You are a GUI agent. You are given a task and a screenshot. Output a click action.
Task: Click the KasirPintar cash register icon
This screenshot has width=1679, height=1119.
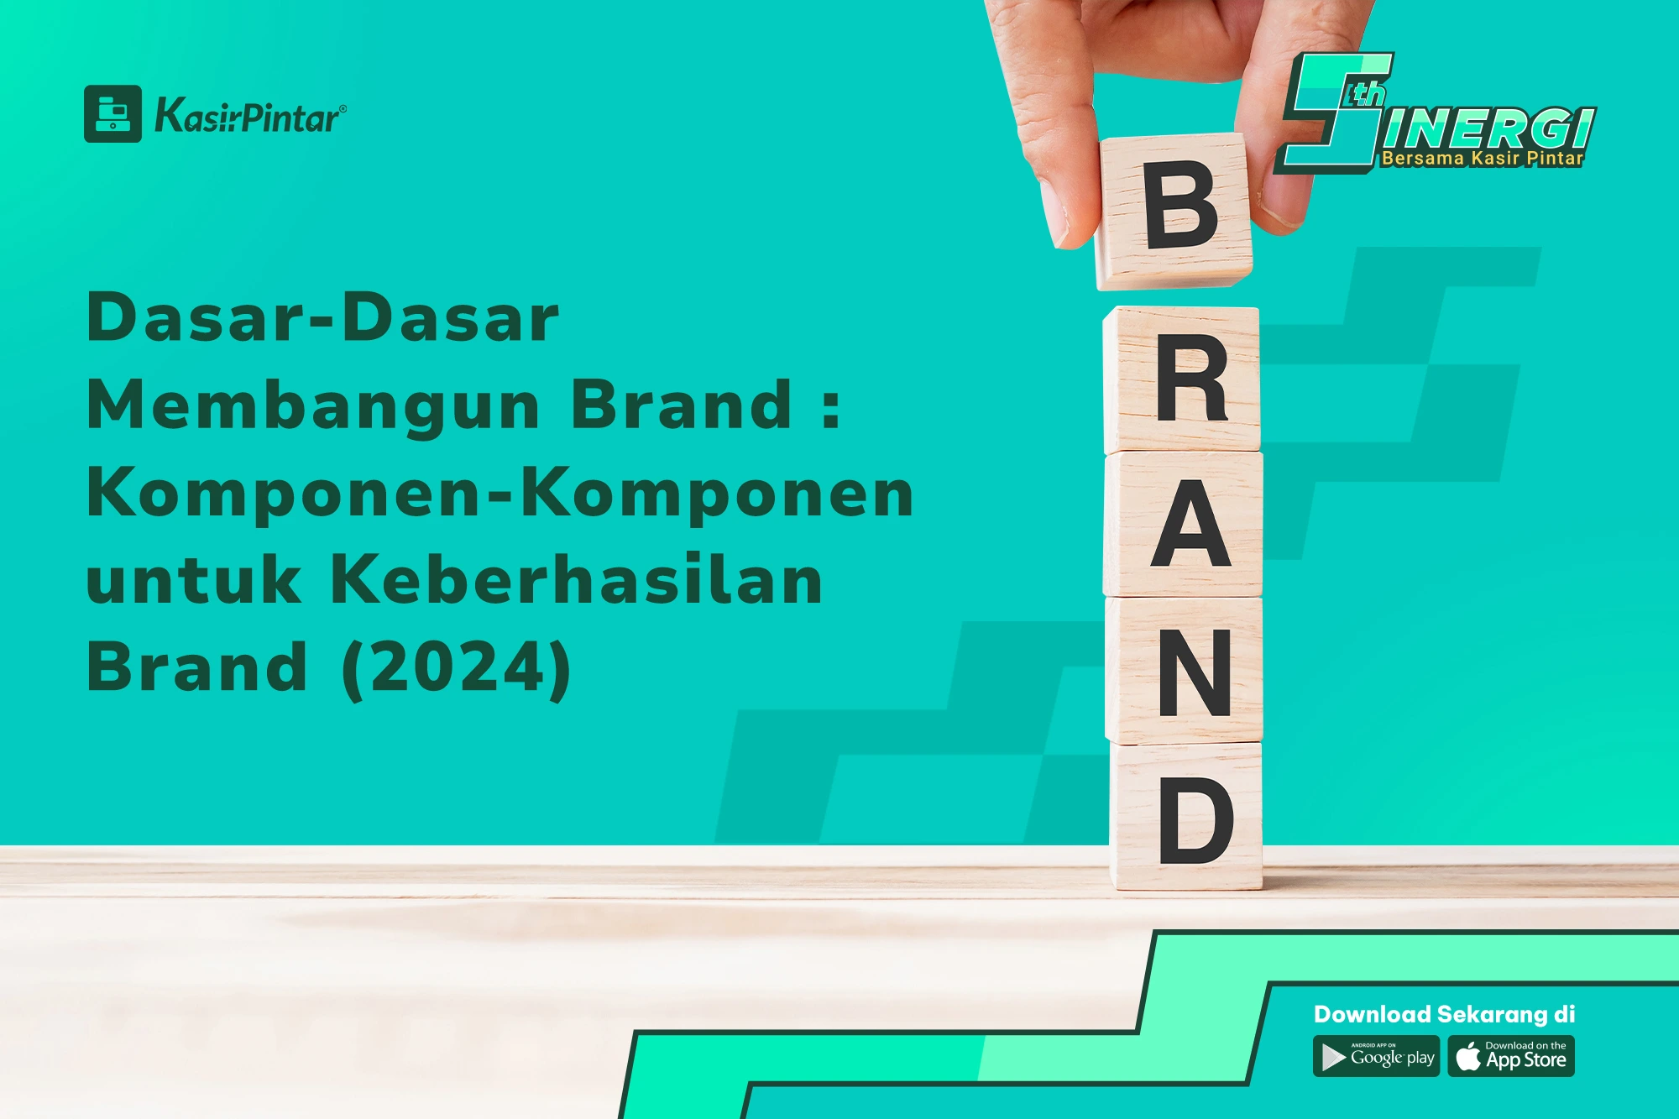pyautogui.click(x=112, y=113)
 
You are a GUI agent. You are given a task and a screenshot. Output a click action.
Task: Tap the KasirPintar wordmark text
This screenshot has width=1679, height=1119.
pyautogui.click(x=250, y=116)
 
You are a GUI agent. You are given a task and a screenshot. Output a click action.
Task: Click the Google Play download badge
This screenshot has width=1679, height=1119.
pyautogui.click(x=1377, y=1057)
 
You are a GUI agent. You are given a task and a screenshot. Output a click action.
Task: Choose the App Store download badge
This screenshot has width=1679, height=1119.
pyautogui.click(x=1511, y=1057)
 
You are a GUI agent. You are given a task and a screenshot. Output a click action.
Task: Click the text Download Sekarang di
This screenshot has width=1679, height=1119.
pyautogui.click(x=1444, y=1014)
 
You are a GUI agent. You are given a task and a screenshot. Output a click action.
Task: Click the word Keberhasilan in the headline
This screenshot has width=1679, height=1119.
pyautogui.click(x=577, y=579)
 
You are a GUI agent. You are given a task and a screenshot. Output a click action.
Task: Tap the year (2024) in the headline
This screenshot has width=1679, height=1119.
pyautogui.click(x=457, y=668)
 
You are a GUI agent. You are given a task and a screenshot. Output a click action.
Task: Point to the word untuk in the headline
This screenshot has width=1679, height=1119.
pyautogui.click(x=194, y=579)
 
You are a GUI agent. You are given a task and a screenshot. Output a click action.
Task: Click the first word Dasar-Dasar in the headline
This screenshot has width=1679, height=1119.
pyautogui.click(x=323, y=317)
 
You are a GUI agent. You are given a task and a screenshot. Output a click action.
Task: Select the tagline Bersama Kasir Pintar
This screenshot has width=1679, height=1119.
pyautogui.click(x=1483, y=158)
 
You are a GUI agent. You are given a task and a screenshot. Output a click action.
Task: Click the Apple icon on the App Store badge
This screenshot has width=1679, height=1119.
pyautogui.click(x=1468, y=1056)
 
